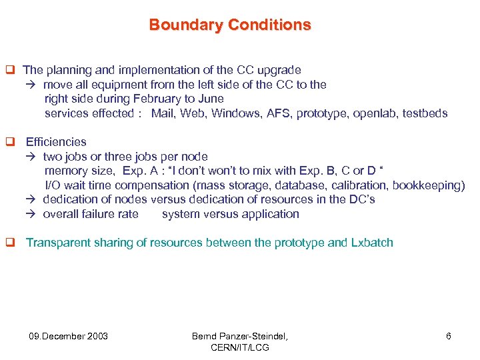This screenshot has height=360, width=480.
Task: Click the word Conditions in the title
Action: pyautogui.click(x=269, y=25)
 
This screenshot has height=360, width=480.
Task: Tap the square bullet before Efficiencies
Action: pyautogui.click(x=10, y=142)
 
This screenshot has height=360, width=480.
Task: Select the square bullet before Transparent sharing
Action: pyautogui.click(x=10, y=243)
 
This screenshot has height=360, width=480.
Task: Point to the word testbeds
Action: pyautogui.click(x=424, y=113)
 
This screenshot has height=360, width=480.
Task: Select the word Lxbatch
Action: pyautogui.click(x=371, y=243)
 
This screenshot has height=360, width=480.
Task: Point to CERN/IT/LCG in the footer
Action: pyautogui.click(x=240, y=347)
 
